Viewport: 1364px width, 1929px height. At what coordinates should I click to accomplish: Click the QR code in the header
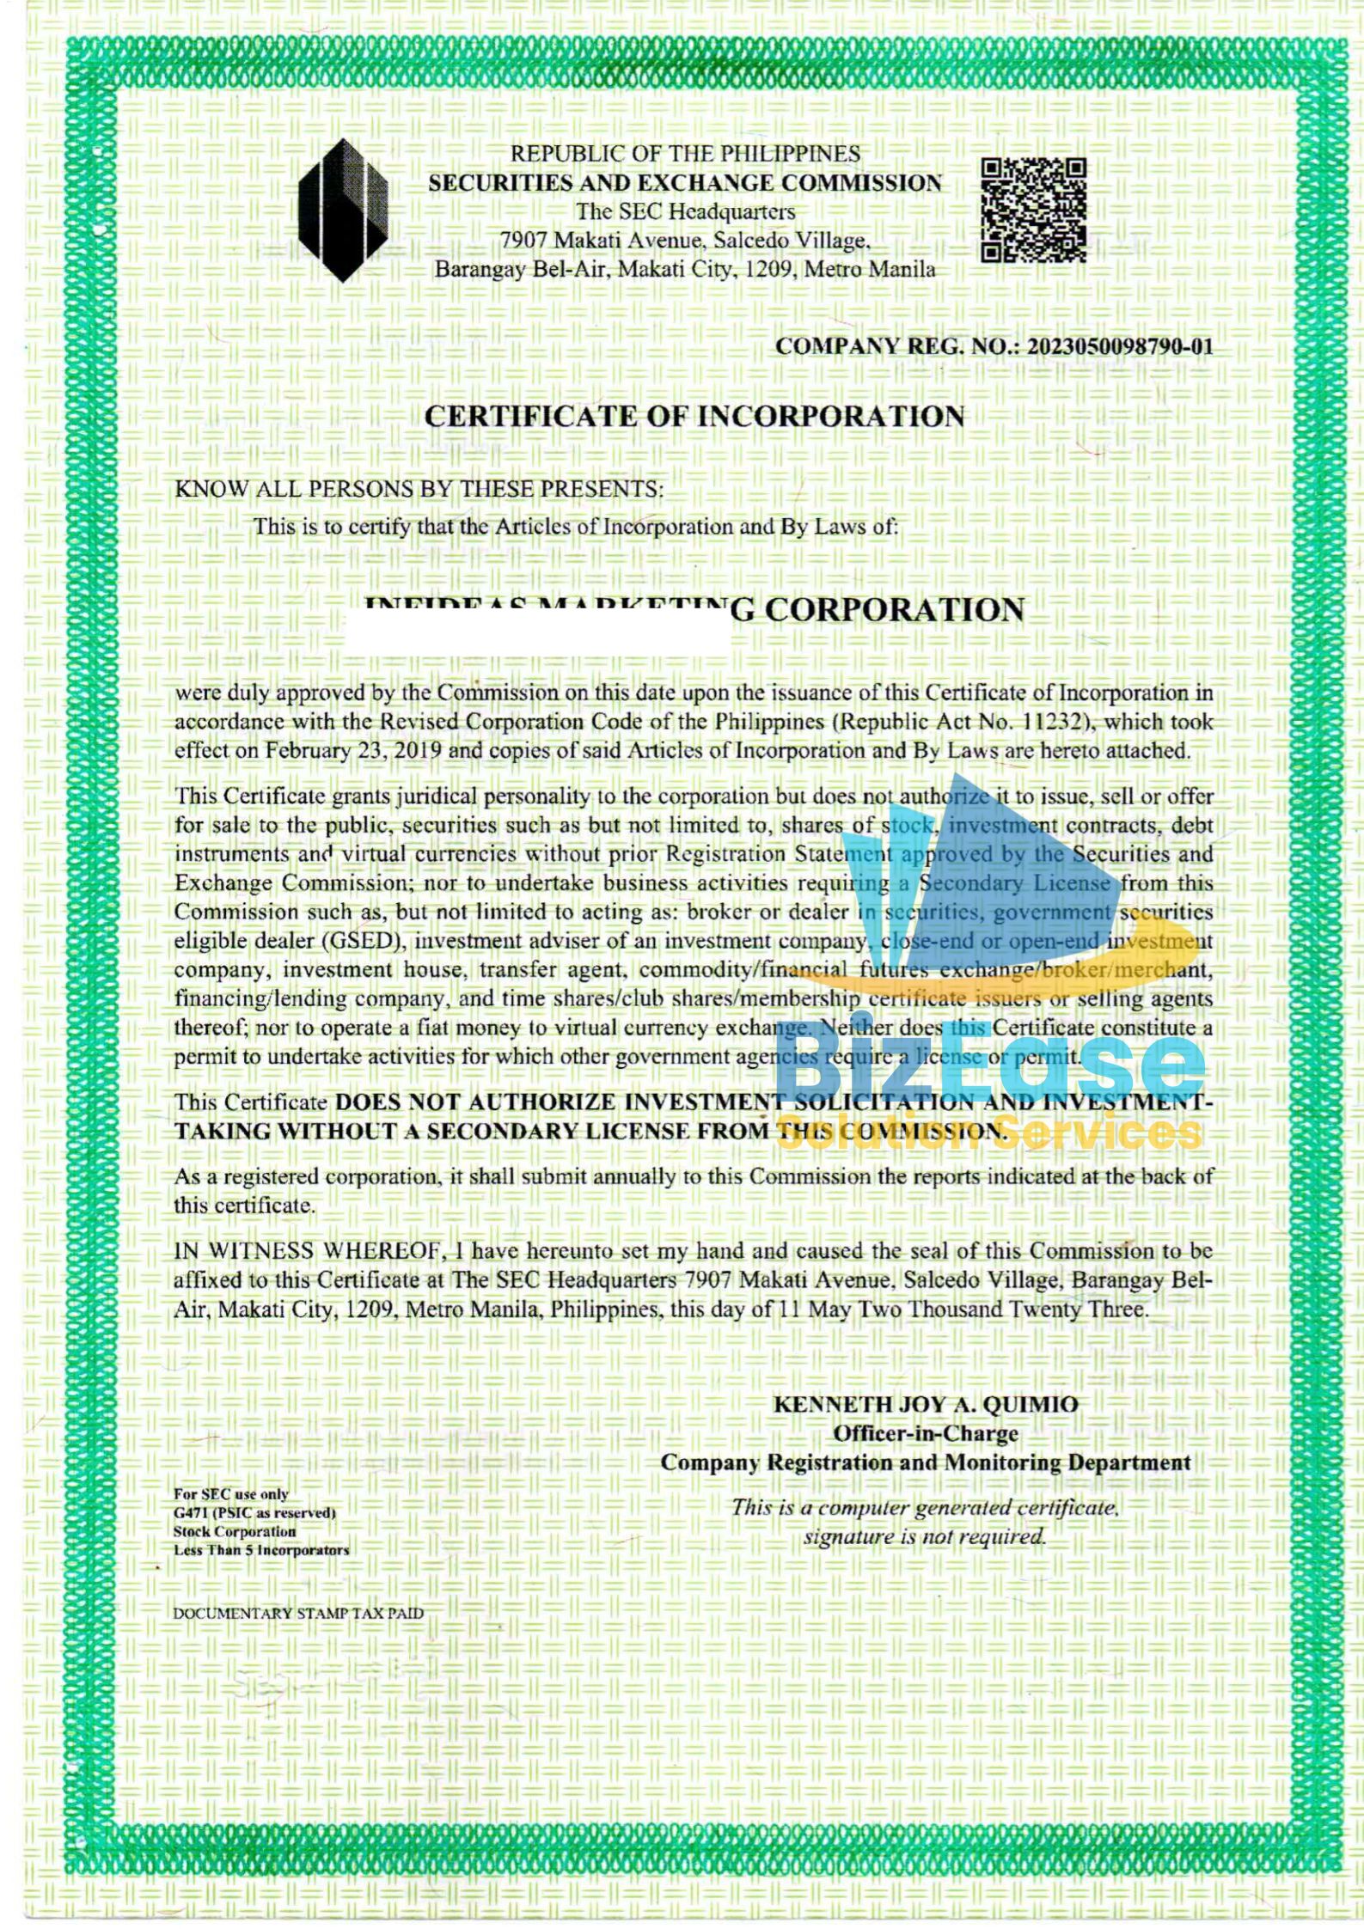[x=1034, y=210]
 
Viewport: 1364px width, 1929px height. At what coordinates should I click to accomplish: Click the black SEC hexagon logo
[x=342, y=211]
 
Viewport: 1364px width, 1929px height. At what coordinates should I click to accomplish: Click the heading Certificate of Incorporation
[x=694, y=417]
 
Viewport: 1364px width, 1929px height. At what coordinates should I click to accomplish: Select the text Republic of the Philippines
[x=685, y=154]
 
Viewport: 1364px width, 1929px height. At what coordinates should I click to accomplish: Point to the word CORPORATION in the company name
[x=894, y=610]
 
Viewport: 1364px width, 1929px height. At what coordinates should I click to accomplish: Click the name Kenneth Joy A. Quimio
[x=926, y=1404]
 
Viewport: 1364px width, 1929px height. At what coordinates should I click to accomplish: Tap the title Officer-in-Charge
[x=926, y=1433]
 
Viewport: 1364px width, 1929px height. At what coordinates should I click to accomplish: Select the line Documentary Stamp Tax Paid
[x=298, y=1613]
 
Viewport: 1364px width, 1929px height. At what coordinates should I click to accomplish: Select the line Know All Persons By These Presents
[x=419, y=489]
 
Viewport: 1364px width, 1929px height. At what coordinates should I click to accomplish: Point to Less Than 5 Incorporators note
[x=261, y=1550]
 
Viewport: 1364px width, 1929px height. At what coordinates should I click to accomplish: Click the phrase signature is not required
[x=925, y=1536]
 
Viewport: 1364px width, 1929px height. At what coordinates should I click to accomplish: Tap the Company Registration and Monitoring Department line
[x=926, y=1462]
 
